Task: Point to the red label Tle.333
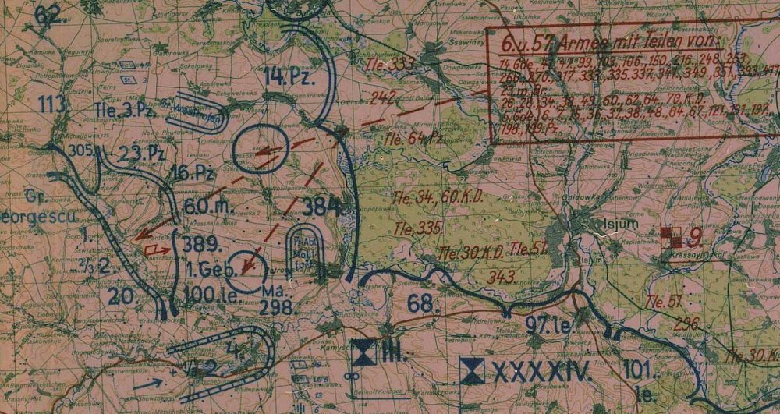(x=390, y=64)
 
